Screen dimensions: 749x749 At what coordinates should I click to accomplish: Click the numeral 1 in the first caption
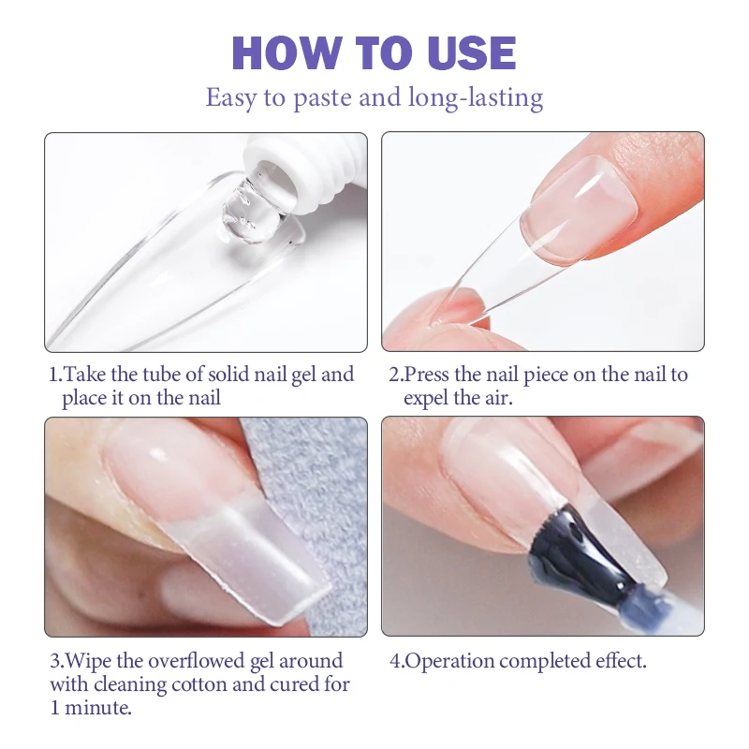pos(53,375)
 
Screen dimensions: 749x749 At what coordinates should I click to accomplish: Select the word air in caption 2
pos(524,399)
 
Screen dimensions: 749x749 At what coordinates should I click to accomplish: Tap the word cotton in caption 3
pos(207,684)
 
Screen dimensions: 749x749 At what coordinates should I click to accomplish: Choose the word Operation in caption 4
pos(448,661)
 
